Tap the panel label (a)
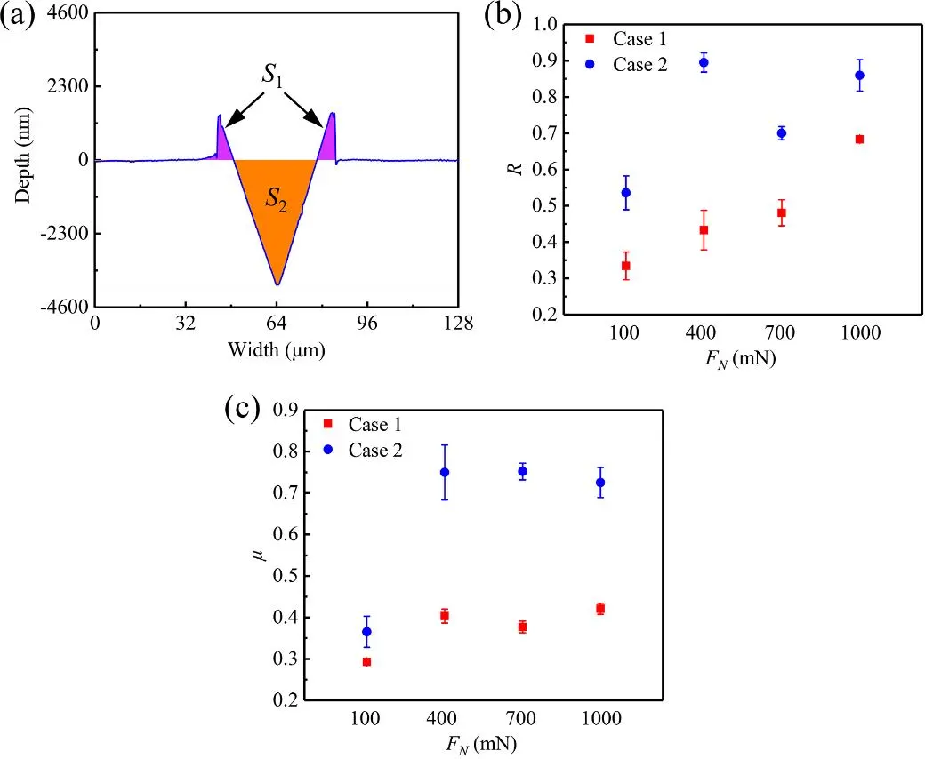[x=20, y=18]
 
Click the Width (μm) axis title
[x=276, y=349]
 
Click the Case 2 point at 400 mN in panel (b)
[x=704, y=63]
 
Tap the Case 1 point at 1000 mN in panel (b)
[x=859, y=140]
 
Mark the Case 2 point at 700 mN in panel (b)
[x=782, y=133]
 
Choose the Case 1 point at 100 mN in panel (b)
[x=626, y=266]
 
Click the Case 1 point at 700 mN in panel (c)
[x=522, y=627]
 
